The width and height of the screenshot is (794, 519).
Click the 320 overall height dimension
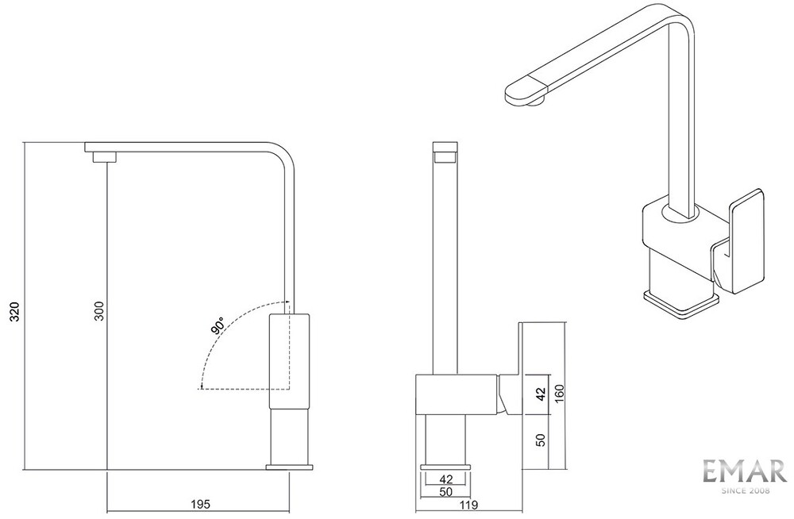point(16,311)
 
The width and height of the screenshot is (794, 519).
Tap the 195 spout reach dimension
point(200,504)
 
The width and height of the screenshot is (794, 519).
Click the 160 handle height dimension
point(559,394)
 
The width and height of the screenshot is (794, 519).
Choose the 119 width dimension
point(469,504)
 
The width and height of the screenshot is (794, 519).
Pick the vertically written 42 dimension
point(541,394)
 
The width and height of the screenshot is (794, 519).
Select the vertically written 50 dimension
point(541,440)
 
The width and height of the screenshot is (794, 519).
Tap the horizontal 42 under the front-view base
point(446,479)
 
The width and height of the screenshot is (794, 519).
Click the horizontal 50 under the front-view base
point(446,491)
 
